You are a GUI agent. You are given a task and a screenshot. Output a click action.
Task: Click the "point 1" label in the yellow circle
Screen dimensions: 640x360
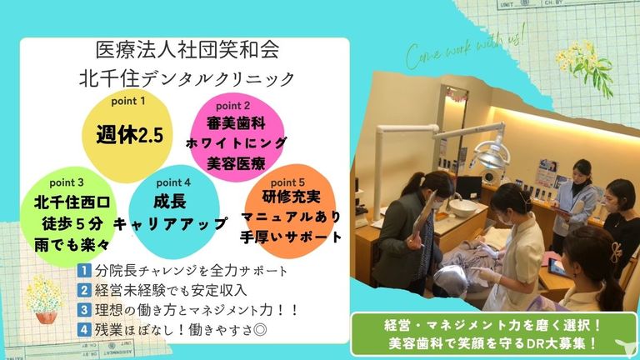(x=128, y=101)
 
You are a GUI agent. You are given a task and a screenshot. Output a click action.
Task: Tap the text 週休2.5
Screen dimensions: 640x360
(x=130, y=134)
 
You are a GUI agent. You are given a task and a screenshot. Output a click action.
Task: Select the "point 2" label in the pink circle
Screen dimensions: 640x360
(x=233, y=106)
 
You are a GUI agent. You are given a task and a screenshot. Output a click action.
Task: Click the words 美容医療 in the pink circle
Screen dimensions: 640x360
(x=237, y=163)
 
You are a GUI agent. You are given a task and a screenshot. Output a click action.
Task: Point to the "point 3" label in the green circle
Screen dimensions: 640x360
(x=67, y=182)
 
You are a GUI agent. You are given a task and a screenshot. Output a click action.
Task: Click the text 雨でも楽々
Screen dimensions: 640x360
(x=72, y=245)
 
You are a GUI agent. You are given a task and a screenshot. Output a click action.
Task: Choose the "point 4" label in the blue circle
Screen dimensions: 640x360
(x=173, y=182)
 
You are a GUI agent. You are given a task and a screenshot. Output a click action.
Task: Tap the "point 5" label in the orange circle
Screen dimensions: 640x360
(x=287, y=182)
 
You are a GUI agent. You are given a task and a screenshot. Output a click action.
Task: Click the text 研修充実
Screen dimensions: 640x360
(x=291, y=197)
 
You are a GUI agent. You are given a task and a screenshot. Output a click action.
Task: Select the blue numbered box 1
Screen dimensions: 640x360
(x=84, y=270)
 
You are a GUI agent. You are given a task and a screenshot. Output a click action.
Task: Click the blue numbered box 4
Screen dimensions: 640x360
(x=84, y=329)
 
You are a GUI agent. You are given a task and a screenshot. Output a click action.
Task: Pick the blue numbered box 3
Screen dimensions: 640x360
(x=84, y=309)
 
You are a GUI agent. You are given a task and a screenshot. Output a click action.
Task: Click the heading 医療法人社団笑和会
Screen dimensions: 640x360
(x=187, y=50)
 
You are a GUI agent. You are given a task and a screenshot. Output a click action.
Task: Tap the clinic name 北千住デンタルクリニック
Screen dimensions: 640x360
(x=187, y=78)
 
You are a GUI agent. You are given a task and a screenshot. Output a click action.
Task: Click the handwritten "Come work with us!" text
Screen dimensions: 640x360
(x=465, y=47)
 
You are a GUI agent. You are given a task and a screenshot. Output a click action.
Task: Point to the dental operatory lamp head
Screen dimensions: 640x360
(x=492, y=154)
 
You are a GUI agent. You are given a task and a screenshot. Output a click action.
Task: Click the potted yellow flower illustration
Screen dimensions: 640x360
(x=43, y=299)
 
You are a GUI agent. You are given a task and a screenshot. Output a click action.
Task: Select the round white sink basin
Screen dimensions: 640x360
(x=462, y=207)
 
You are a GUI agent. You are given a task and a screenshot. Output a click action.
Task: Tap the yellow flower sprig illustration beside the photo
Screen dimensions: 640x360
(x=586, y=67)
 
